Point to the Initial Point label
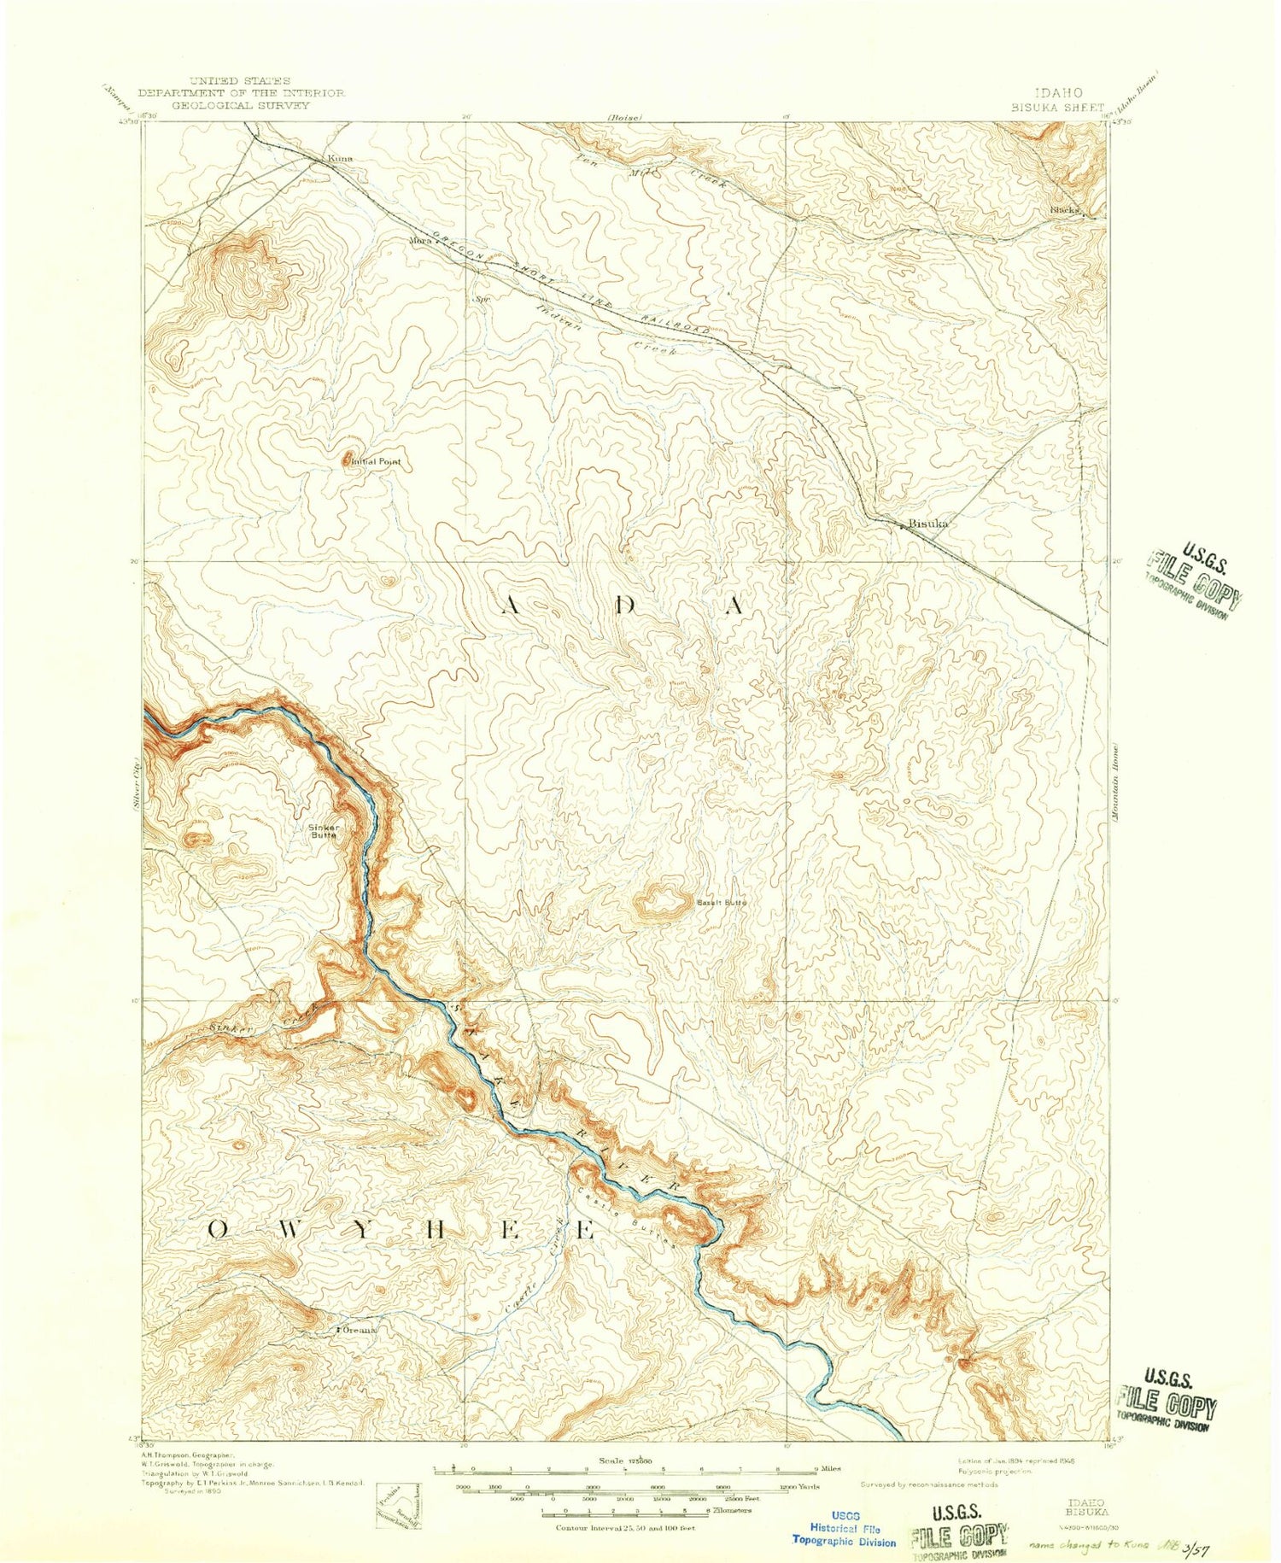coord(377,461)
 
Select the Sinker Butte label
coord(324,831)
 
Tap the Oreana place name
coord(359,1330)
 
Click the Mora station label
coord(418,240)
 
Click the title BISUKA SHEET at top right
coord(1057,108)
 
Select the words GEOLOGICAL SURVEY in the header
coord(241,105)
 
